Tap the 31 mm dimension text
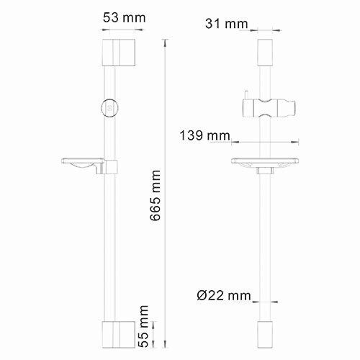pos(227,24)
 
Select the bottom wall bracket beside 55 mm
pos(112,334)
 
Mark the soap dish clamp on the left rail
pos(109,167)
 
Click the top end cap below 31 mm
pos(264,50)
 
